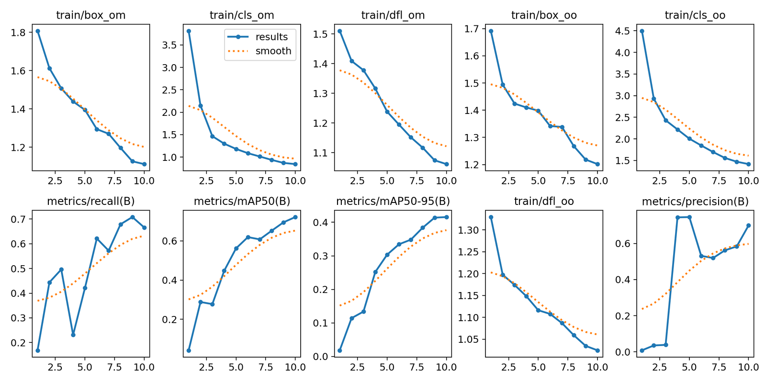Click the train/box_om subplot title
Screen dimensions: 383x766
91,15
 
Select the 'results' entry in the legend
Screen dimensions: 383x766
271,37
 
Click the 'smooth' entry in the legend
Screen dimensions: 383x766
273,51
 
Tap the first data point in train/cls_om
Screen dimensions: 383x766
189,31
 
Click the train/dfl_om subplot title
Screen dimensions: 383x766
393,15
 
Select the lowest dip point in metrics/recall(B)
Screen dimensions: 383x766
73,335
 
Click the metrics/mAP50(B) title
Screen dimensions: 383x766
242,202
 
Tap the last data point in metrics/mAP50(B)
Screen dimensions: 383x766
295,217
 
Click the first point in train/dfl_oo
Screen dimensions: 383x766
491,217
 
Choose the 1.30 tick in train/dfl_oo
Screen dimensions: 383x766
467,230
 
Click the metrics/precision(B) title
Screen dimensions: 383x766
695,202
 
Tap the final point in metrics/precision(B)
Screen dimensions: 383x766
748,225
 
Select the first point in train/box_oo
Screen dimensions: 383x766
491,31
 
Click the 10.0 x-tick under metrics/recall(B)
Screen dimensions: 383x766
144,367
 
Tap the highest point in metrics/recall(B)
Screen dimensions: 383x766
133,217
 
